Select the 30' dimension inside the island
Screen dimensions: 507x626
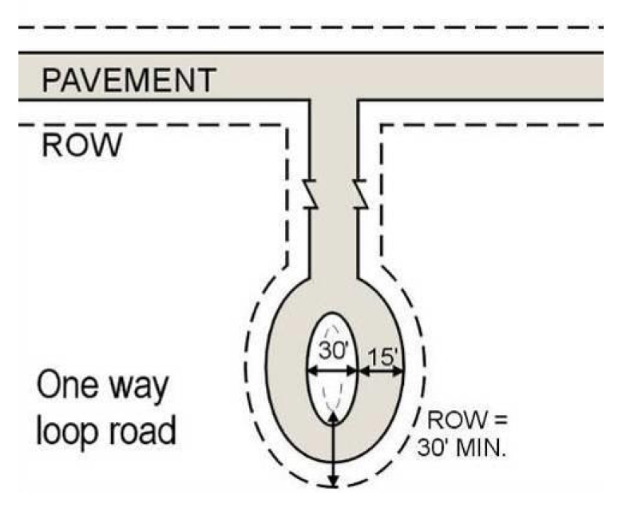[331, 350]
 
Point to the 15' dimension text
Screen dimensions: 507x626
[382, 354]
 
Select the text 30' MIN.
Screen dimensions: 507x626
[463, 446]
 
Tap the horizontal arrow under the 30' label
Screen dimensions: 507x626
[332, 371]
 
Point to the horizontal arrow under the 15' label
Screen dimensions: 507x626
[382, 371]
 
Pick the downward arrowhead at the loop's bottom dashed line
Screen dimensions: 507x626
[334, 480]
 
